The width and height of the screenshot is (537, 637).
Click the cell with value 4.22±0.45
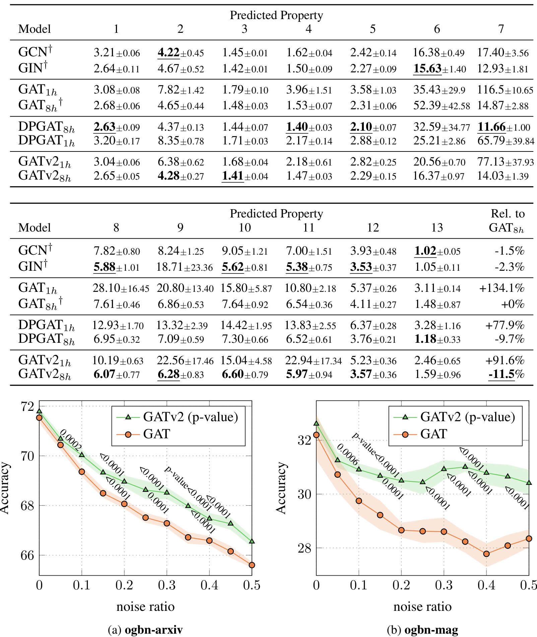point(181,53)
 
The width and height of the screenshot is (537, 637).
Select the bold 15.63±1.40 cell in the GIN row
point(439,69)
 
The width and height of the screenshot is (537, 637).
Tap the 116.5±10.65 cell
point(505,90)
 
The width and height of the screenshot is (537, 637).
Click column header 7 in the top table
point(501,29)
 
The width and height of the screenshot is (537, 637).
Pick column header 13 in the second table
point(437,228)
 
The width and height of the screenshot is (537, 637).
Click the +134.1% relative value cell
point(501,288)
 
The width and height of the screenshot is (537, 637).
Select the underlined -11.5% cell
point(506,374)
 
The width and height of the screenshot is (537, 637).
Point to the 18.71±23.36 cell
point(185,267)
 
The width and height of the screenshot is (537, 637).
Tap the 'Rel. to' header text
point(507,214)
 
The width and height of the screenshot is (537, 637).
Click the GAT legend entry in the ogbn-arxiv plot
point(156,434)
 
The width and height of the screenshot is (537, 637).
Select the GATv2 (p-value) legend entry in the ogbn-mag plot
point(467,417)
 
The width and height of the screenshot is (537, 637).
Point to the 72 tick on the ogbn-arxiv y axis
point(27,406)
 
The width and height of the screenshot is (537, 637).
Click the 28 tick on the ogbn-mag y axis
point(304,548)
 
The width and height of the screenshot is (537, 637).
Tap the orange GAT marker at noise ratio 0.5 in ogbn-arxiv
point(252,565)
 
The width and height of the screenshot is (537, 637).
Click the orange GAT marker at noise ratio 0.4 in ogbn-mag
point(486,554)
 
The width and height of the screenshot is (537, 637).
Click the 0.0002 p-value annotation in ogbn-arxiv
point(71,439)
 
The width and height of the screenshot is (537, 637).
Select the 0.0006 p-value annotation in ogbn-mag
point(348,454)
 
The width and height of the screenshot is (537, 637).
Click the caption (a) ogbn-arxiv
point(145,630)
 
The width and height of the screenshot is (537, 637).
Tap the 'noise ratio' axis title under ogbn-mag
point(422,607)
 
